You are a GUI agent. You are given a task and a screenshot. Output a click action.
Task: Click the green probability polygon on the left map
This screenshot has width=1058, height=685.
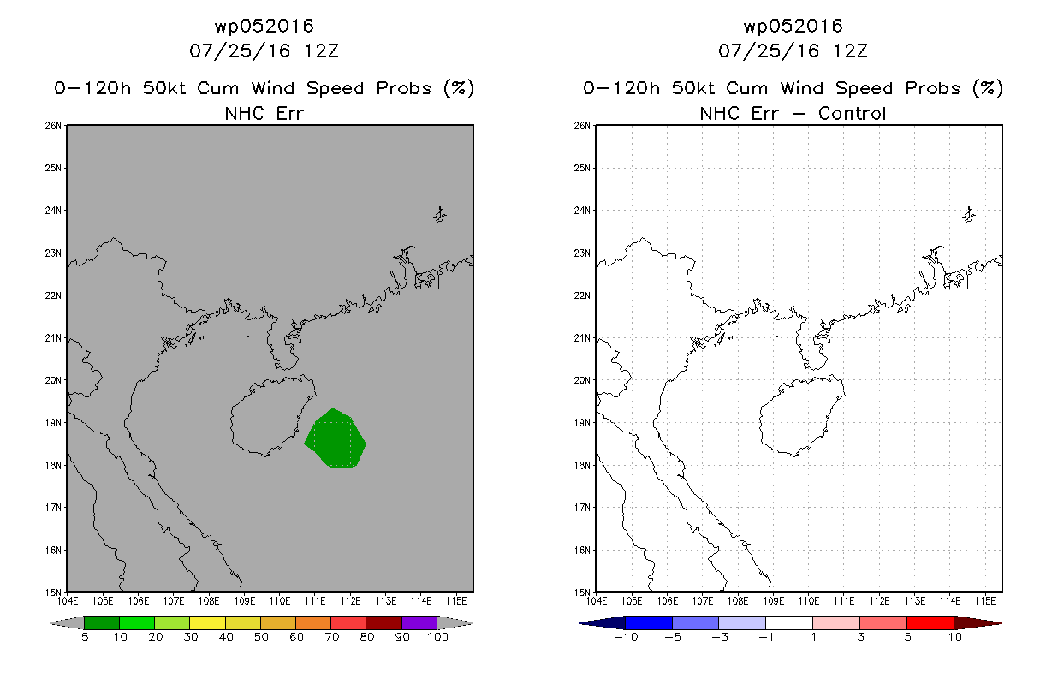335,439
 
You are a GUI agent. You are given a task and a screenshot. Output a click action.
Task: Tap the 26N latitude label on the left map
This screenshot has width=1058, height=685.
56,126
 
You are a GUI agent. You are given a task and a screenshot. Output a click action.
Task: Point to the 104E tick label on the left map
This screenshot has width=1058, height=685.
68,599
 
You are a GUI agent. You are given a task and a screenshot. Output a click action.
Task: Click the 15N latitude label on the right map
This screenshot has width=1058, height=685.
585,592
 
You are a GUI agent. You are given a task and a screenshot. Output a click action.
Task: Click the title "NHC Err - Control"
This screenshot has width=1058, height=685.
793,113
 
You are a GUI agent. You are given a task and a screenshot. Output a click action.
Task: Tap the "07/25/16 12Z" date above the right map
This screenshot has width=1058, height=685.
793,51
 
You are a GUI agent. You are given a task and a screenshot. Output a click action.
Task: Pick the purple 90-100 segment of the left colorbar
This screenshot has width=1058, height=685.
419,622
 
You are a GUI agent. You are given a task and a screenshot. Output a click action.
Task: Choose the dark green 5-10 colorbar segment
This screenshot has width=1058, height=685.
102,622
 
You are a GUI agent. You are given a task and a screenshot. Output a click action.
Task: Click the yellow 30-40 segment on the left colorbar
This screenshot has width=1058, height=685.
207,622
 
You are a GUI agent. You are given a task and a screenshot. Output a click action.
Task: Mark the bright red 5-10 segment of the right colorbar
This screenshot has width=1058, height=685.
930,622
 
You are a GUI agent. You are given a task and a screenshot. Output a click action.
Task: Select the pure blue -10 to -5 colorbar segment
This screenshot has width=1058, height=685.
649,622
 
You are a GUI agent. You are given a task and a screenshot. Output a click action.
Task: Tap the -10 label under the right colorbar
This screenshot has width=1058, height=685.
625,637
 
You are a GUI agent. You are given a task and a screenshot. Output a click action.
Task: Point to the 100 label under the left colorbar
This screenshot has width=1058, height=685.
437,637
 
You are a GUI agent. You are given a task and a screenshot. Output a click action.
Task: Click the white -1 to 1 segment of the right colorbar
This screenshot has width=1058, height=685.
788,622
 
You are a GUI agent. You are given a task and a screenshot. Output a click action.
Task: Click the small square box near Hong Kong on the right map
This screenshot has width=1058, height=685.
955,280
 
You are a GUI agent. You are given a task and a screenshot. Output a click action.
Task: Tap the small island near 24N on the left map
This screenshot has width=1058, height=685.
440,214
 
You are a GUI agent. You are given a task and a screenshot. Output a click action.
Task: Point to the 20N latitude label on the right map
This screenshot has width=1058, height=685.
585,380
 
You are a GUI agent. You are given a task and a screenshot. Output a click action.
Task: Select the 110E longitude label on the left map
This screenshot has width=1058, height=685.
280,599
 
